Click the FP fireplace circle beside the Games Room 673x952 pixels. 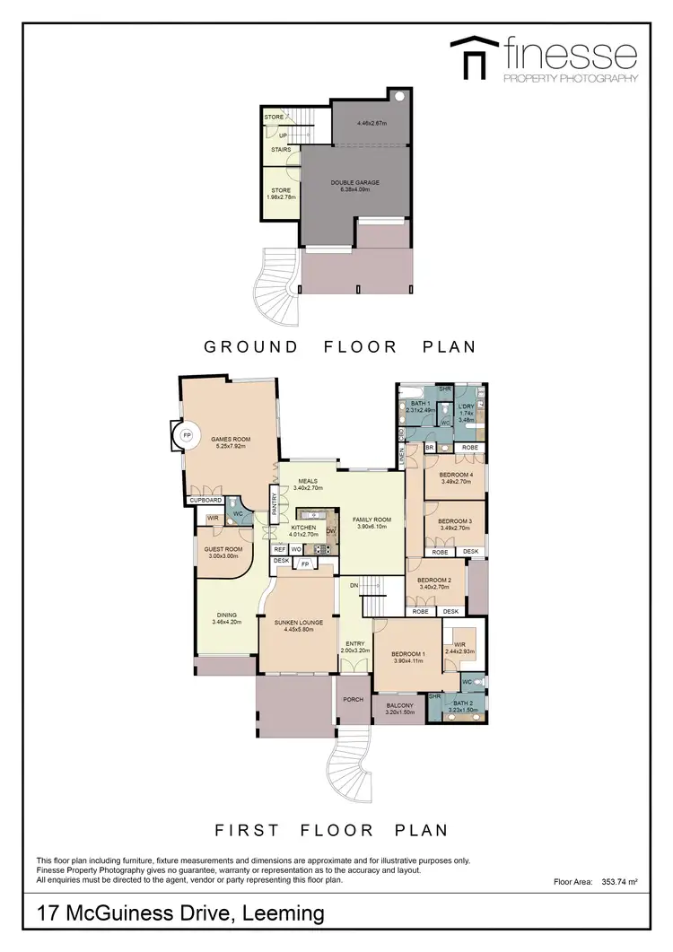[x=187, y=435]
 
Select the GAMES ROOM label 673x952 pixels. [x=231, y=439]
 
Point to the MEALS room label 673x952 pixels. [x=309, y=480]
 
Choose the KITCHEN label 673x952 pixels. [x=302, y=528]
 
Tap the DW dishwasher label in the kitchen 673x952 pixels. [x=330, y=531]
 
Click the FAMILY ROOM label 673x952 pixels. [x=371, y=520]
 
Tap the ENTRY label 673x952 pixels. [x=356, y=643]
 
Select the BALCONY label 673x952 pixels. [x=399, y=706]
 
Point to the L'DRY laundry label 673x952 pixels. [x=466, y=406]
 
